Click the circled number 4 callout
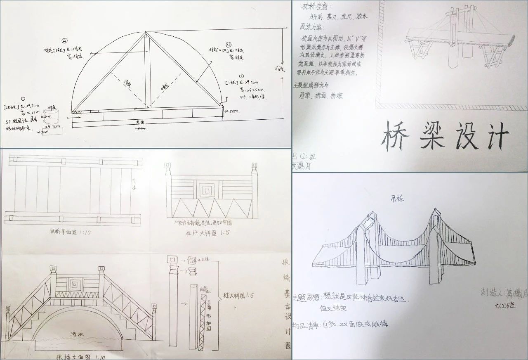click(x=228, y=44)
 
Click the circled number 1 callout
click(x=23, y=99)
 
